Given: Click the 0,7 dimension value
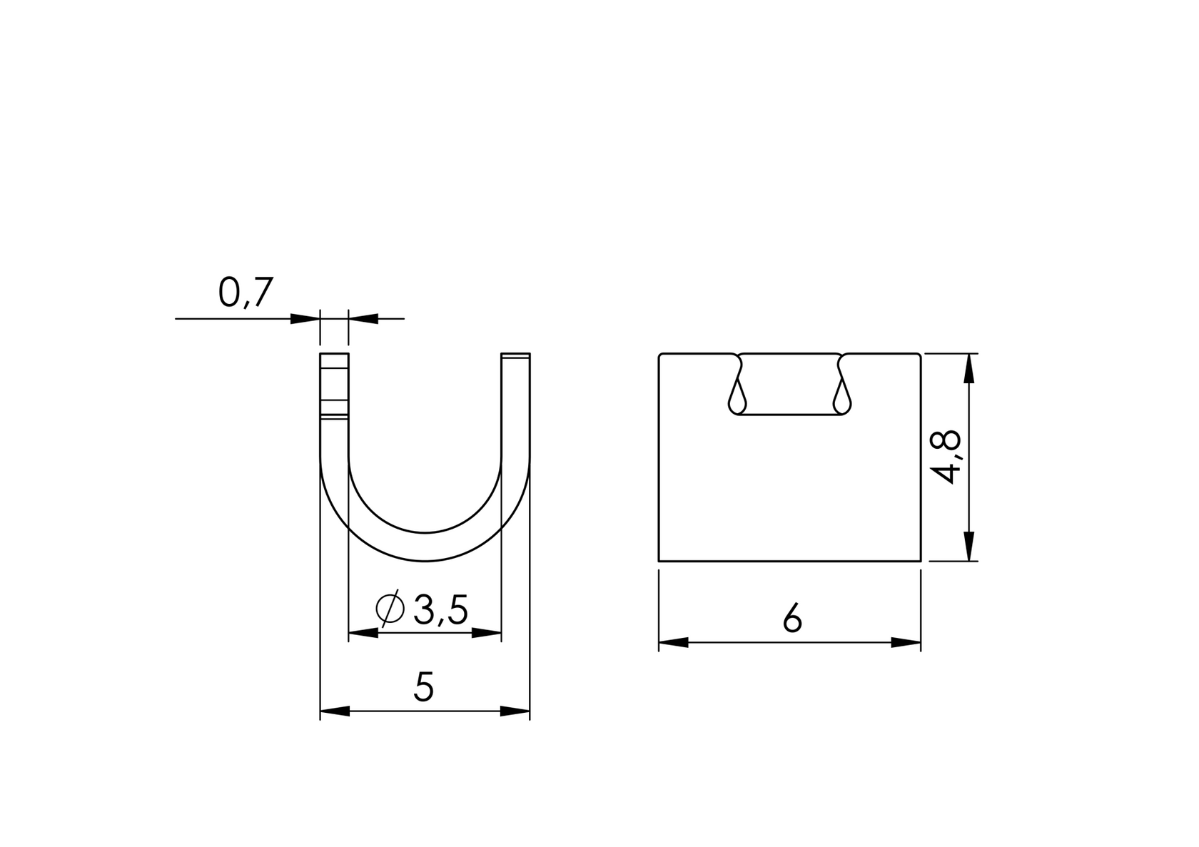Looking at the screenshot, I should point(246,293).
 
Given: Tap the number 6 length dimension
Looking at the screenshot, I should point(791,618).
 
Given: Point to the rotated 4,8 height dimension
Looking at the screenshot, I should point(948,457).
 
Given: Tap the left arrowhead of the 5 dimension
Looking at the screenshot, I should point(334,711).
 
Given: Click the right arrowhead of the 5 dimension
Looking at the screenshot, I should point(515,711).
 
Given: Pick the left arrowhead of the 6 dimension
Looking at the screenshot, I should point(673,643).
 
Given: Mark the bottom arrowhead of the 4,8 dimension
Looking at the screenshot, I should point(968,546).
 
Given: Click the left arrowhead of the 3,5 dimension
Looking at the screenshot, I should point(363,633).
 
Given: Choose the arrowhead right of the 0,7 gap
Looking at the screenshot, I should point(363,318).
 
